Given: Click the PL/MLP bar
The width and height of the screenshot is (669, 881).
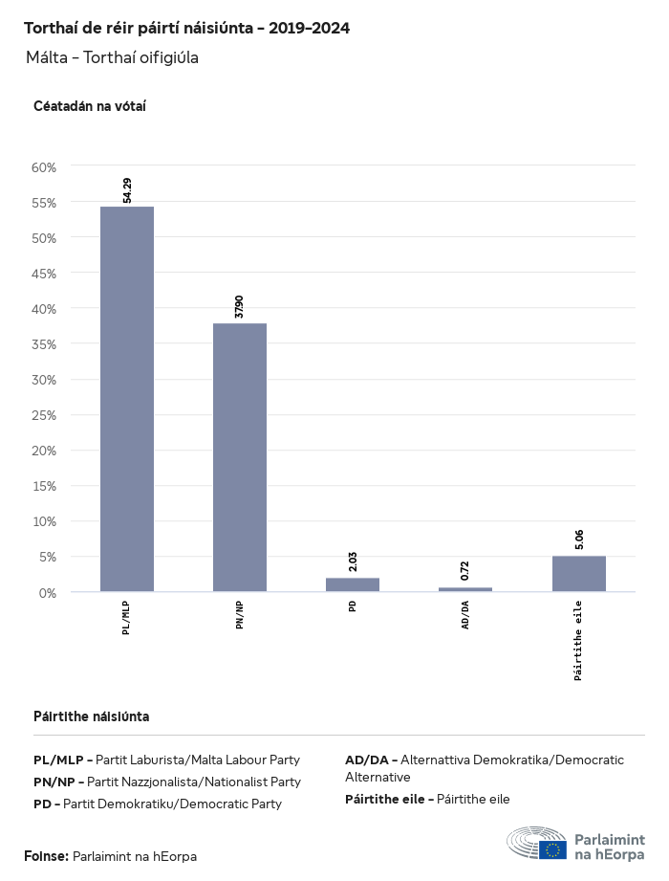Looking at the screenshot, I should (127, 399).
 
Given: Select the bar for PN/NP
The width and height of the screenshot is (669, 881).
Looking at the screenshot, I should (240, 457).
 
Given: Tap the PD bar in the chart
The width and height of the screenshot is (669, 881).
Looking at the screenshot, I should (353, 584).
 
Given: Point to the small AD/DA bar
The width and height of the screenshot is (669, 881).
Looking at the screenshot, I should (465, 589).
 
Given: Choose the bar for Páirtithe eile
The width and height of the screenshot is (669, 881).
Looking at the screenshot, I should (578, 574).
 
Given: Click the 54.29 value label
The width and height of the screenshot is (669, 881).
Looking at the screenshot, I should (127, 189).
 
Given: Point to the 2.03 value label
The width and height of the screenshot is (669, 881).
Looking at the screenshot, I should (353, 562).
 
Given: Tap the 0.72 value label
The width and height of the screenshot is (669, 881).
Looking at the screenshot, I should (465, 571).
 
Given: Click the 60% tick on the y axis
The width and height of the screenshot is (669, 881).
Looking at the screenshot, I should (45, 167).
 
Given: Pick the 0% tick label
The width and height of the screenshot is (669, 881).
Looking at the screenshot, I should (48, 593).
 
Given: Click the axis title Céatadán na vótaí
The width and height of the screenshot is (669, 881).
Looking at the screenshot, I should (89, 106).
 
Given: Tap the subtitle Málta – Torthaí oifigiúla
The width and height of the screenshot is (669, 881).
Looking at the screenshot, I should (112, 57).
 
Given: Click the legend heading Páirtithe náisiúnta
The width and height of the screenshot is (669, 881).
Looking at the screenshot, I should (91, 716).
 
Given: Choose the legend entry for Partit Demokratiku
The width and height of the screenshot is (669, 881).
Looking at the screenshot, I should (158, 804).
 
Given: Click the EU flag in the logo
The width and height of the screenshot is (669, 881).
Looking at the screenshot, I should (552, 848).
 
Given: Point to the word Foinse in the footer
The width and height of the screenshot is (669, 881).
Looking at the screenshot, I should (46, 856).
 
